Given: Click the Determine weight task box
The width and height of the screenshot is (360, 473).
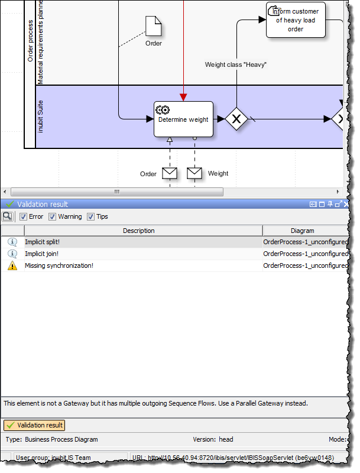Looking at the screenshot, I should coord(183,119).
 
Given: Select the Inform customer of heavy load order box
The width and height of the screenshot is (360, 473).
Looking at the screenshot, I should coord(295,20).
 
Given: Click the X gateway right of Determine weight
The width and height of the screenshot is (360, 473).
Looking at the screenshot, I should coord(236,119).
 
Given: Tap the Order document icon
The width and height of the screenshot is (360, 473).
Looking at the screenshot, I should coord(154,26).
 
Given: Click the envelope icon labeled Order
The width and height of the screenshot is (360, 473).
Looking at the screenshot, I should coord(170,173).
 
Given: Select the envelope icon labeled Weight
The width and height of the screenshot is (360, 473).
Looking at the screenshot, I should coord(194,173).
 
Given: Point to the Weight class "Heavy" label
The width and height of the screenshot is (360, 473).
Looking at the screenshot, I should coord(236,64).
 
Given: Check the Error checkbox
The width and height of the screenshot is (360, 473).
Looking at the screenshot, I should coord(24,216).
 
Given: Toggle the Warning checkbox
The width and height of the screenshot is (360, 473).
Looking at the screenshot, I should coord(53,216).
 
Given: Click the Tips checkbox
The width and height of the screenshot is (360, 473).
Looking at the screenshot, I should coord(91,216).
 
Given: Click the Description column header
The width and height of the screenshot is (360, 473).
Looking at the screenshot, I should coord(138,231).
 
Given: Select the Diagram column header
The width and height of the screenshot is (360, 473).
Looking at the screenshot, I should coord(303,231).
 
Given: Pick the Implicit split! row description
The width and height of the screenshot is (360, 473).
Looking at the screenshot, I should coord(42,242).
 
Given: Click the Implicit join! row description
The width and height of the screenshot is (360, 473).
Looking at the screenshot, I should coord(41,254).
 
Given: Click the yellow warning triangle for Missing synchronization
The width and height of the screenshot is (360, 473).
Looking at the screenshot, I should coord(12,265).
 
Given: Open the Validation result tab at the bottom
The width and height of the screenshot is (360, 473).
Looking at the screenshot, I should coord(34,425).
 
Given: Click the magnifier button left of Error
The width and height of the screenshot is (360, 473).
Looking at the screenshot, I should coord(8,216).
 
